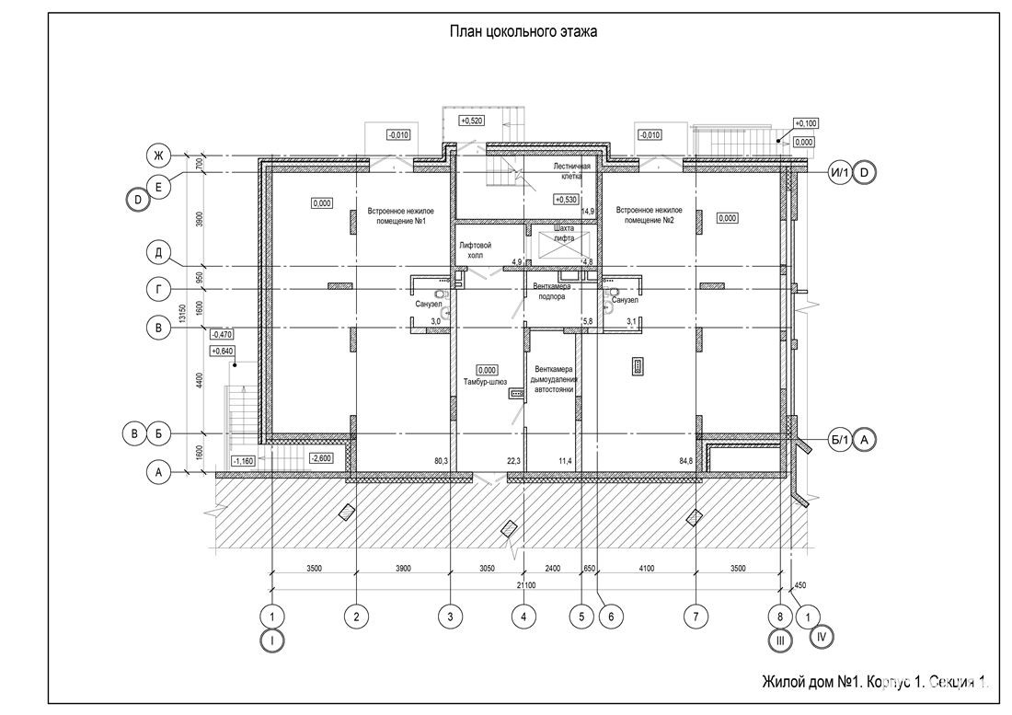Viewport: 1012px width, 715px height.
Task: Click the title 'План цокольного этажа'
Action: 523,32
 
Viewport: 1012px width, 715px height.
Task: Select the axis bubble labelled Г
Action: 158,289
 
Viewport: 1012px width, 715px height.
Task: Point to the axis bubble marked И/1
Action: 838,172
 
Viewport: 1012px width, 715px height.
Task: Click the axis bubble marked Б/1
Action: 838,441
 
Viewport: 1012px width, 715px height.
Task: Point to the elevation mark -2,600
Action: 322,457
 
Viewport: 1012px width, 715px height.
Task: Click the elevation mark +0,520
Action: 471,121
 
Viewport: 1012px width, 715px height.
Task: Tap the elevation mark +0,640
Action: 223,351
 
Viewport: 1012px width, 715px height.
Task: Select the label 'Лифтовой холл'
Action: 475,250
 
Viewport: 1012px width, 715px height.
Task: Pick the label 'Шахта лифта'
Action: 565,232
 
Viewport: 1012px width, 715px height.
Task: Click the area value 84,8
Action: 685,460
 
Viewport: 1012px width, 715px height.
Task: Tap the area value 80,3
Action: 440,460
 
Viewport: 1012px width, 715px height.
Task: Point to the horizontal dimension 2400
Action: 552,570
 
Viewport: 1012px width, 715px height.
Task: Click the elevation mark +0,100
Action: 806,122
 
